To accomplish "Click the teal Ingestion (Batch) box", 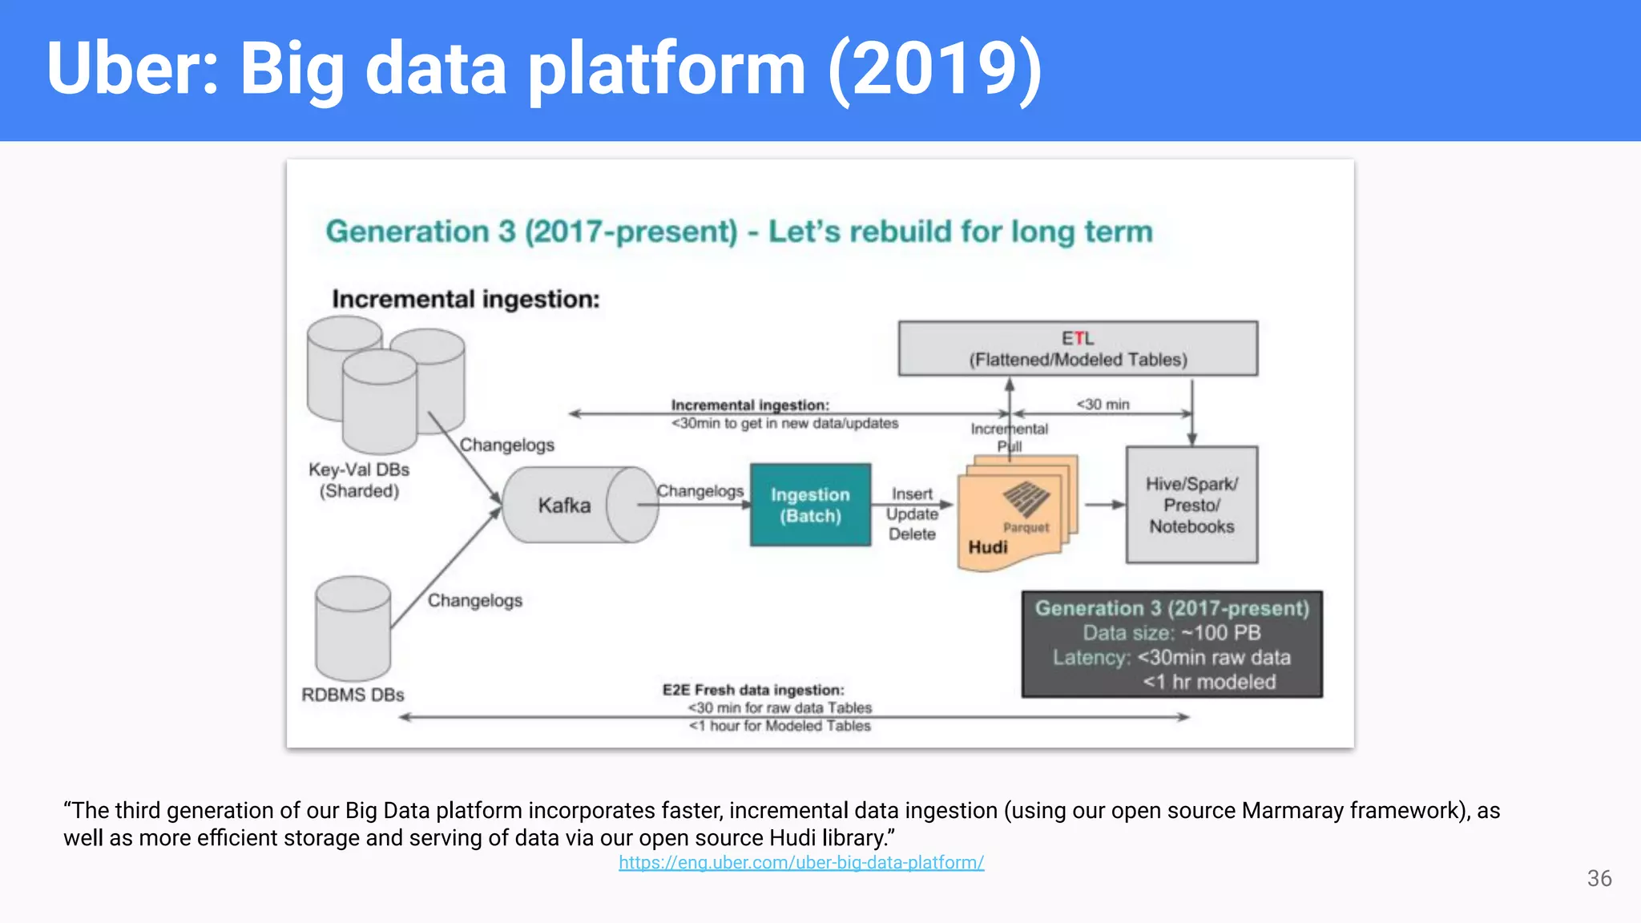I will (x=810, y=505).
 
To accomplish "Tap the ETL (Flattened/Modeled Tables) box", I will (x=1078, y=349).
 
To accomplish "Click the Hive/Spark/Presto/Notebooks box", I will (x=1191, y=505).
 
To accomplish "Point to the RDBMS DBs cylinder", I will (x=353, y=630).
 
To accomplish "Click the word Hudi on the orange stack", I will (x=987, y=547).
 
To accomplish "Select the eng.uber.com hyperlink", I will (x=801, y=863).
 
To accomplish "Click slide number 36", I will (x=1599, y=878).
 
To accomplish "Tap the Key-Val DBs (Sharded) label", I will (x=359, y=480).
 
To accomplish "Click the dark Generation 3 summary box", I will (x=1171, y=644).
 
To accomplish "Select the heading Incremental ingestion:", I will (x=466, y=299).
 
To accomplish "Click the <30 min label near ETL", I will (x=1103, y=404).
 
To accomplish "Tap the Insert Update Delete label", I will (x=912, y=514).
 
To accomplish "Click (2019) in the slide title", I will (x=934, y=69).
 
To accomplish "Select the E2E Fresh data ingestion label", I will (x=753, y=690).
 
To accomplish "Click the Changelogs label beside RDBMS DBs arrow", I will (x=474, y=600).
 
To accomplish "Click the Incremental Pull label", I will (x=1009, y=437).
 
